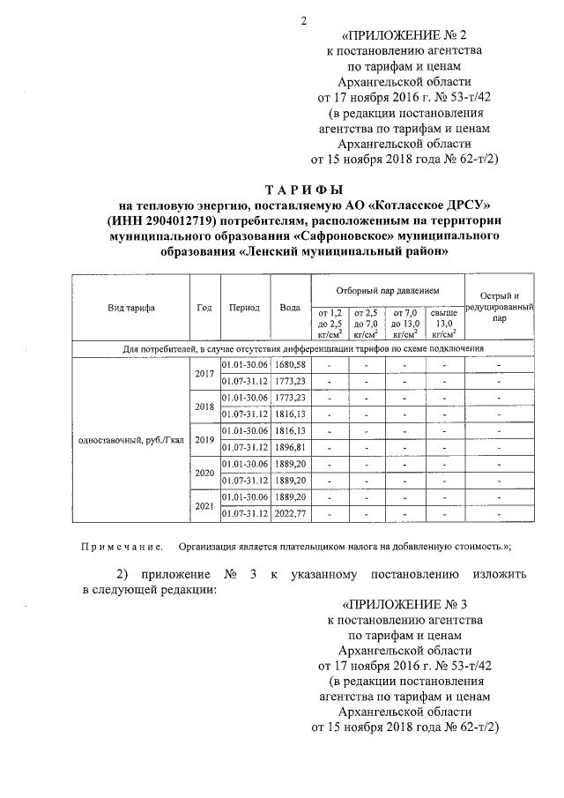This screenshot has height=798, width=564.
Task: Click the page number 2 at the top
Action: click(302, 20)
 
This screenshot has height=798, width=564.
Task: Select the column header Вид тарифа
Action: click(131, 308)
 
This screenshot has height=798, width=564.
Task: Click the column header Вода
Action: click(290, 308)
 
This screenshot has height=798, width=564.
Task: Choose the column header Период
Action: click(243, 308)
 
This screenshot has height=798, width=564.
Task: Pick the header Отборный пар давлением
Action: click(387, 289)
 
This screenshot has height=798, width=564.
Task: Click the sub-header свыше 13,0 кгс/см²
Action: click(443, 323)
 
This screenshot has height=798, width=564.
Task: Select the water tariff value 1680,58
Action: click(289, 365)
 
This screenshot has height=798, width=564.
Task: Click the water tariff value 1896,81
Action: click(289, 447)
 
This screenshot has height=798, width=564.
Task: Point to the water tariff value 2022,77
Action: click(289, 513)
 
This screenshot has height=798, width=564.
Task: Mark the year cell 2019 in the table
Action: click(204, 439)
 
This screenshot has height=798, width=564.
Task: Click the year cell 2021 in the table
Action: click(204, 504)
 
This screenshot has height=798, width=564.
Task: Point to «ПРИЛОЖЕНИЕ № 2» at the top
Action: click(401, 35)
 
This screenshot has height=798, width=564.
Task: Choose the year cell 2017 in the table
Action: click(204, 373)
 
